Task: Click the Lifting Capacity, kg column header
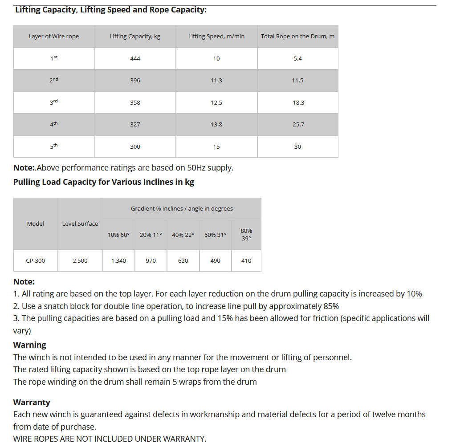point(135,37)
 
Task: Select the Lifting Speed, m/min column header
point(216,37)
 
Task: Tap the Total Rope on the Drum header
point(297,37)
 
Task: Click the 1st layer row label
point(54,58)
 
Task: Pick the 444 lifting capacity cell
point(135,59)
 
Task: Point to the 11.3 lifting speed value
point(216,81)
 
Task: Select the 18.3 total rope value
point(298,103)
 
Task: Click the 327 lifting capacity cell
point(135,125)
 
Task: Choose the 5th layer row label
point(54,146)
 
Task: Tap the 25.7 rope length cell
point(298,125)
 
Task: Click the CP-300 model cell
point(36,261)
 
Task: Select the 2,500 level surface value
point(80,261)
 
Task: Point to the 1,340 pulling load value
point(118,261)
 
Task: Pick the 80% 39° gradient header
point(246,235)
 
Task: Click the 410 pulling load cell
point(246,261)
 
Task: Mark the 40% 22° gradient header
point(183,235)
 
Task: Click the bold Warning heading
point(30,345)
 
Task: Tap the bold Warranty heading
point(32,402)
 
